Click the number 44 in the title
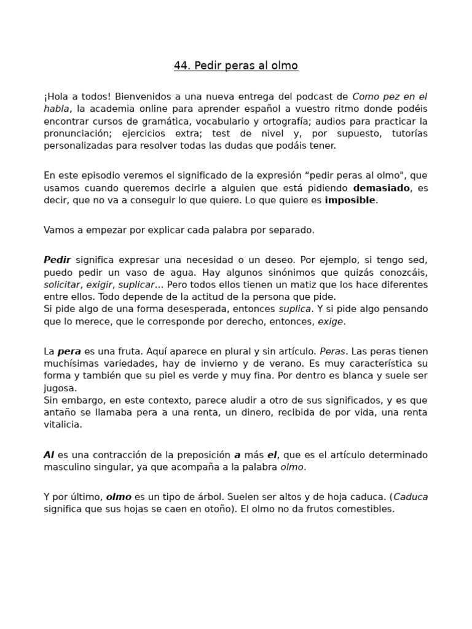click(x=181, y=66)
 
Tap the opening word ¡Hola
click(x=57, y=97)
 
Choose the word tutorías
click(x=408, y=134)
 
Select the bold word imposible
click(x=350, y=200)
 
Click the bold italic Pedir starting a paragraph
click(x=57, y=260)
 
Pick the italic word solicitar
click(x=62, y=285)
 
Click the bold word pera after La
click(x=69, y=352)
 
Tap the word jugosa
click(x=60, y=388)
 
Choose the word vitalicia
click(x=63, y=424)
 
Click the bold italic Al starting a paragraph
click(x=49, y=455)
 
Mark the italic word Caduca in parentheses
click(x=411, y=498)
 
